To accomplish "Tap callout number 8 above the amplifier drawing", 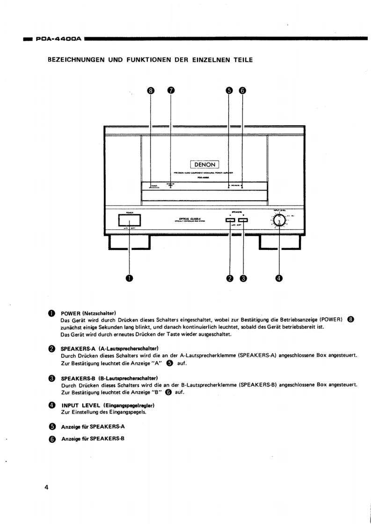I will point(151,91).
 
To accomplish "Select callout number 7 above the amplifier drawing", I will point(171,91).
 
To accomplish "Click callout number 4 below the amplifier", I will point(279,278).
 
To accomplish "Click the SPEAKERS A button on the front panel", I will point(230,220).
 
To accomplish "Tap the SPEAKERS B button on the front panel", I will point(243,220).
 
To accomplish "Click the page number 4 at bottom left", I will point(46,488).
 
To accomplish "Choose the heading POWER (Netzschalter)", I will point(88,312).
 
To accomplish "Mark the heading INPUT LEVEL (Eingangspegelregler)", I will point(108,405).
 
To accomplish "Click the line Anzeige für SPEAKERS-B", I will point(93,439).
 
